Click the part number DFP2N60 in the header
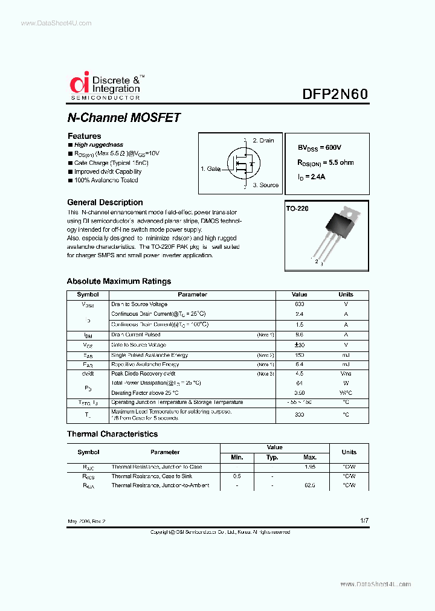click(x=335, y=95)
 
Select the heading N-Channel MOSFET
click(x=124, y=118)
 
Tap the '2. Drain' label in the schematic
click(x=263, y=141)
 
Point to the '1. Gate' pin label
click(x=211, y=169)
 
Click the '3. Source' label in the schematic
click(x=265, y=185)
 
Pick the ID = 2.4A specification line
click(x=311, y=176)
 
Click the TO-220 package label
click(x=297, y=208)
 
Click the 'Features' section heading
click(x=84, y=136)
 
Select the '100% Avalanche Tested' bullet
click(x=106, y=180)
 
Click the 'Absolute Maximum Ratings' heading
click(x=118, y=281)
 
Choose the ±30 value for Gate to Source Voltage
click(x=299, y=345)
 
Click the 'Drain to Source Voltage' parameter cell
click(x=140, y=304)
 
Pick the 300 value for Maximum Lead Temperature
click(x=299, y=415)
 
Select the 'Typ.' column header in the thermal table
click(x=272, y=457)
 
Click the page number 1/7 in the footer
click(x=363, y=520)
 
